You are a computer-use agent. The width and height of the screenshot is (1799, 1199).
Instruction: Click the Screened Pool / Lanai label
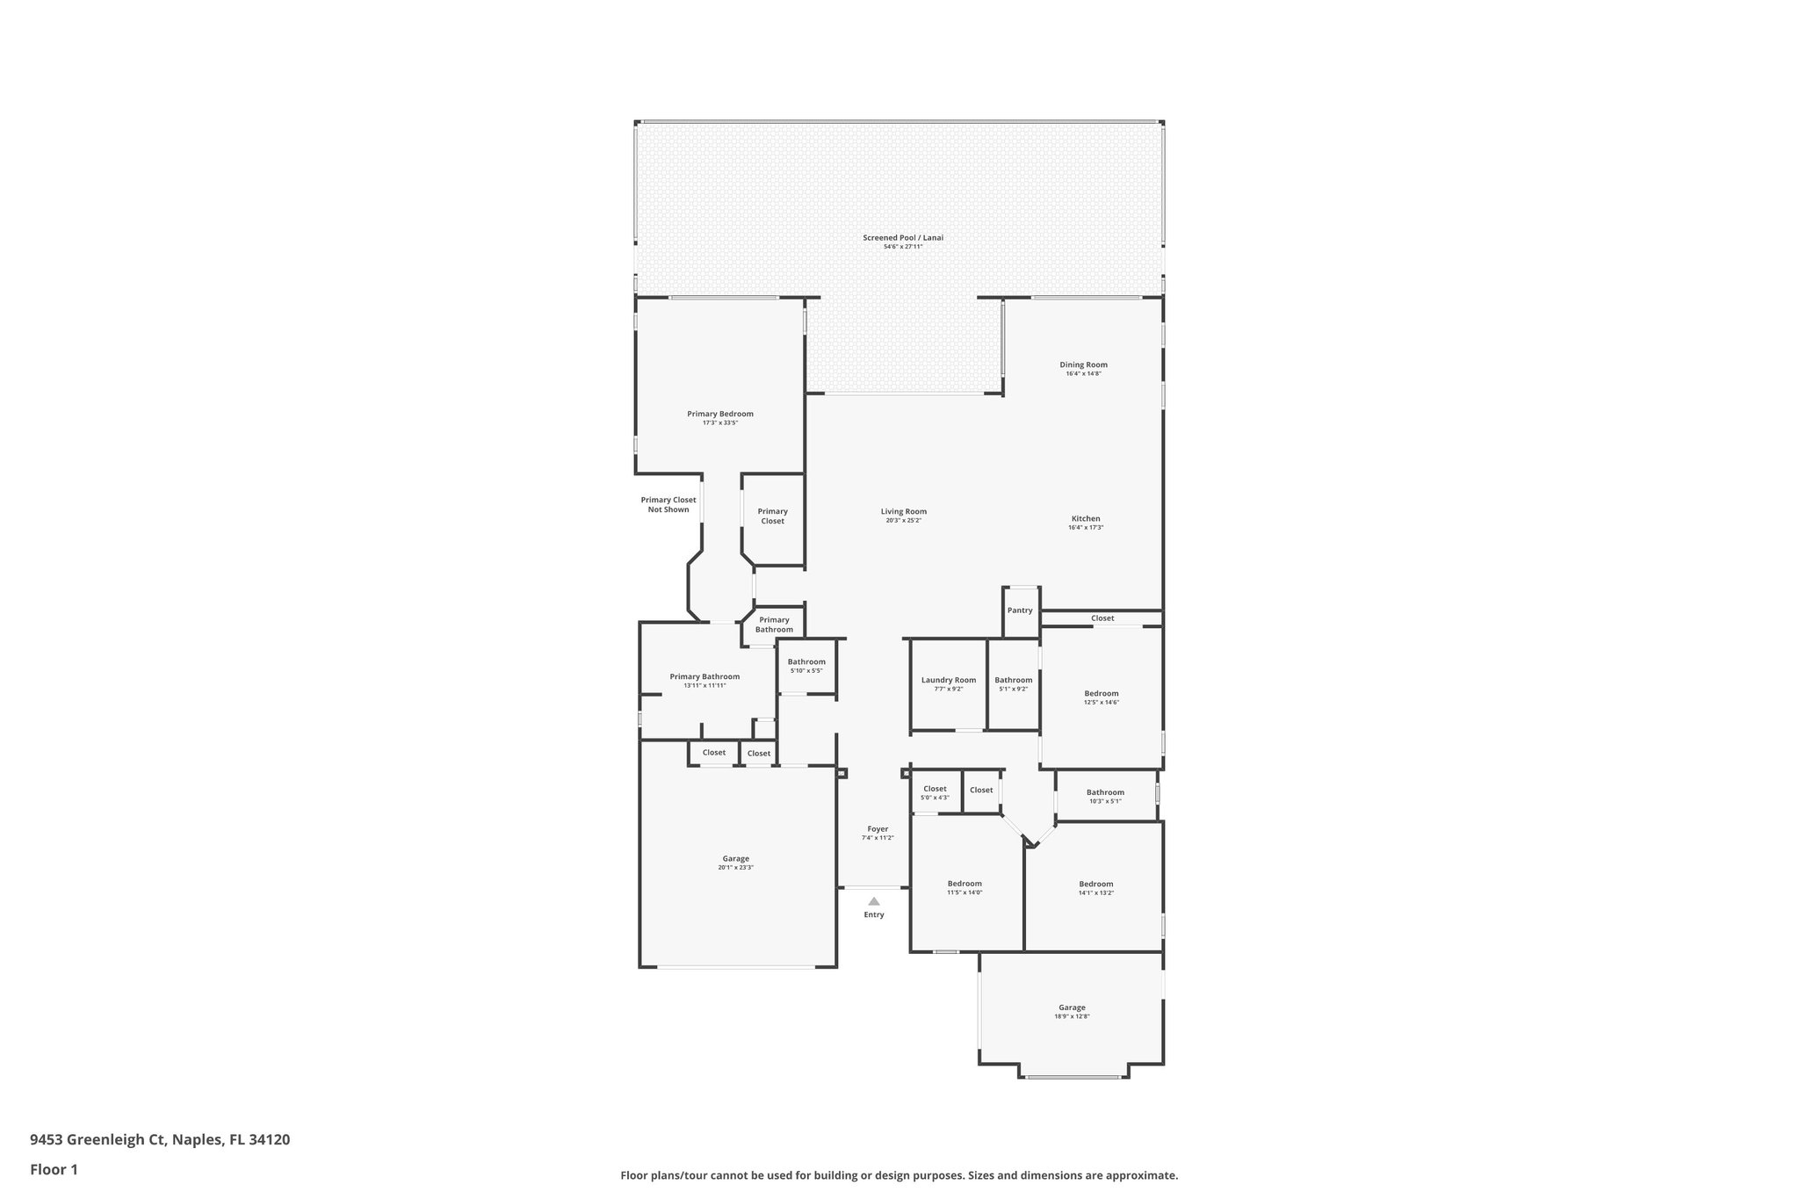coord(902,237)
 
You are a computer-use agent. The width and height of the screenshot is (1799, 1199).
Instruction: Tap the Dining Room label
coord(1083,365)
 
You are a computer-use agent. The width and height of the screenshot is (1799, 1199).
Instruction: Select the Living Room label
coord(903,511)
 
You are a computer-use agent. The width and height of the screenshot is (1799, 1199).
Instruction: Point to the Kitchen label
coord(1085,518)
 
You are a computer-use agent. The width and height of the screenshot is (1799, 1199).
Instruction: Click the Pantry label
coord(1020,610)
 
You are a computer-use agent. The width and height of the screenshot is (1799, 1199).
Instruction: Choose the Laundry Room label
coord(948,680)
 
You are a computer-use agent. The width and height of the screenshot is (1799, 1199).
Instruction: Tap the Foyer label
coord(878,828)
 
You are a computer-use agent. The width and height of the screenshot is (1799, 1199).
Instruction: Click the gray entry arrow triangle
coord(874,901)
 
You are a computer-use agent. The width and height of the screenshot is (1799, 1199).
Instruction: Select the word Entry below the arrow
coord(874,914)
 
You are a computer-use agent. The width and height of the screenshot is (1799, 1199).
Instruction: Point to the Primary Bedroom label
coord(719,414)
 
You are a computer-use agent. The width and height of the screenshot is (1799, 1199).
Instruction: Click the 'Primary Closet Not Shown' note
coord(668,505)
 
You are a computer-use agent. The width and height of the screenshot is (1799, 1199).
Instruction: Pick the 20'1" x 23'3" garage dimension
coord(735,868)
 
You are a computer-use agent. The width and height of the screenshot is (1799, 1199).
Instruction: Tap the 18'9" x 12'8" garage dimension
coord(1072,1016)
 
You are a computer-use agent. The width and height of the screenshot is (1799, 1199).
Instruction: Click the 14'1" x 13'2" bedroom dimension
coord(1095,893)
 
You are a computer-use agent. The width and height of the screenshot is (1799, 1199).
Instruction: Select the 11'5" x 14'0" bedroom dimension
coord(964,892)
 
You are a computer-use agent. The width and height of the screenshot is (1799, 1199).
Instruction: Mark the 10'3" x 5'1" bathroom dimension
coord(1104,801)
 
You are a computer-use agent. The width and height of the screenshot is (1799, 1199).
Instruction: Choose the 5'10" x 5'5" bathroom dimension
coord(806,671)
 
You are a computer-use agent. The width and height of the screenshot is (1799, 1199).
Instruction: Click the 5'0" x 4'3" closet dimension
coord(935,798)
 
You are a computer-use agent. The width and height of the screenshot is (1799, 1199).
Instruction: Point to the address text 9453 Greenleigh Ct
coord(98,1140)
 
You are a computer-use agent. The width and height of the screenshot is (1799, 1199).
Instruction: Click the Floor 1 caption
coord(54,1170)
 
